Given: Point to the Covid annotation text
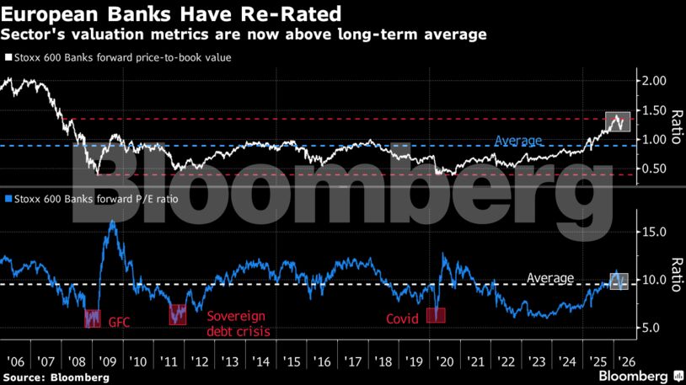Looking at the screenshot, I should click(403, 319).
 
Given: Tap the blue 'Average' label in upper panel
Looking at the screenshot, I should click(518, 140).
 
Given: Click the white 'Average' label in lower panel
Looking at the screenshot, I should click(549, 278).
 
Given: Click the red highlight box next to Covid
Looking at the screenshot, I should click(436, 314).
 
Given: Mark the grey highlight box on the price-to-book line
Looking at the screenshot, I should click(618, 121).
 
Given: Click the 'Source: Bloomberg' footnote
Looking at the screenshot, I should click(56, 377).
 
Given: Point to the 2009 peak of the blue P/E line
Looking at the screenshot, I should click(112, 222).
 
